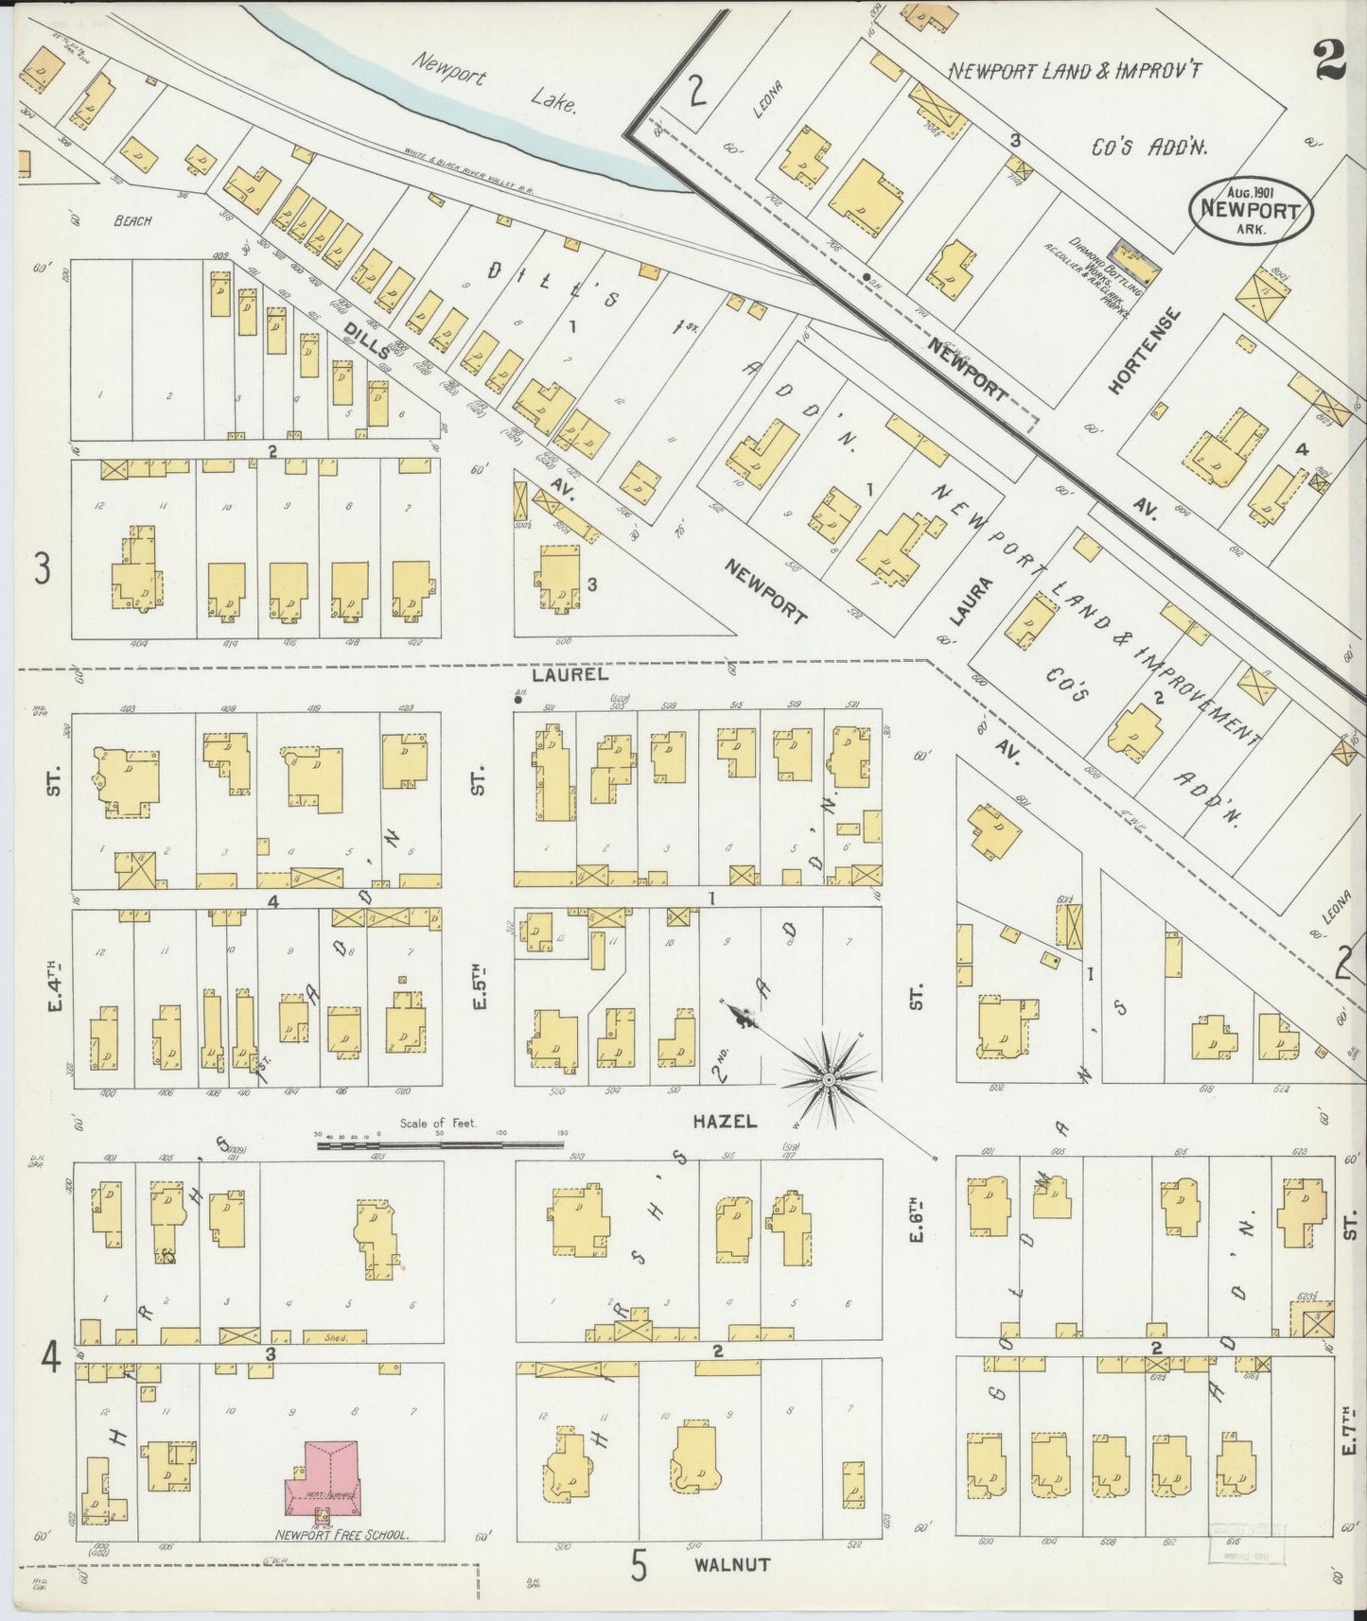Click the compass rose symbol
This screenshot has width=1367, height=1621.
coord(829,1076)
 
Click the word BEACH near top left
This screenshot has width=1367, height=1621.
coord(132,221)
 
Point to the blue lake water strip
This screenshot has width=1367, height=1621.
coord(492,124)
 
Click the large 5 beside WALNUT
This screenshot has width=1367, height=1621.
coord(640,1564)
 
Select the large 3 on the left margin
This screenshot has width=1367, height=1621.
coord(42,568)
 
